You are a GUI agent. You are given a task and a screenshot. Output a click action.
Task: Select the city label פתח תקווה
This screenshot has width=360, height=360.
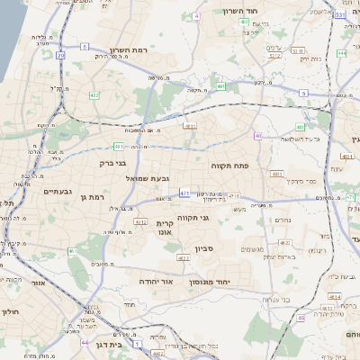pyautogui.click(x=256, y=166)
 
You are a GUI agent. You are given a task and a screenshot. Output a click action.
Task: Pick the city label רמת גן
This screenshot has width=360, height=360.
pyautogui.click(x=92, y=196)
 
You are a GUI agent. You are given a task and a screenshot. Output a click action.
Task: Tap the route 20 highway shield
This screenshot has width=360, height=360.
pyautogui.click(x=61, y=55)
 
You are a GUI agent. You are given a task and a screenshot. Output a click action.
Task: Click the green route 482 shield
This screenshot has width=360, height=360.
pyautogui.click(x=94, y=94)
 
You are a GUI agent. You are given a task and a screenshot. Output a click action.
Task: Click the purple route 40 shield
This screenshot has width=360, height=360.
pyautogui.click(x=257, y=136)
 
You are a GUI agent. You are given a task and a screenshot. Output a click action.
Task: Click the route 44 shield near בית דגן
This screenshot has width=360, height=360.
pyautogui.click(x=85, y=343)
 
